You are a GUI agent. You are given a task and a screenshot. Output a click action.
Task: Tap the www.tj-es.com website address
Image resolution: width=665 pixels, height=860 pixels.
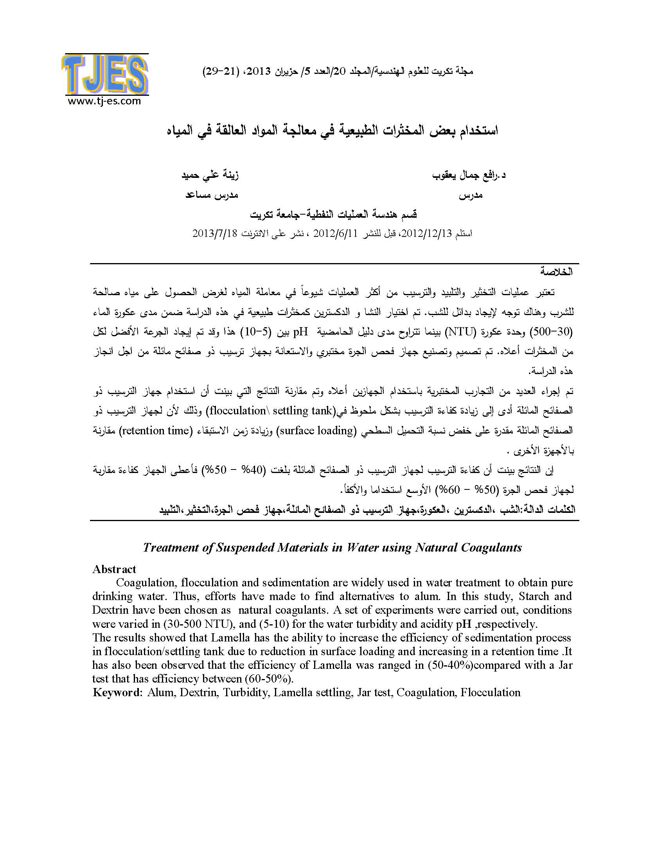(x=104, y=101)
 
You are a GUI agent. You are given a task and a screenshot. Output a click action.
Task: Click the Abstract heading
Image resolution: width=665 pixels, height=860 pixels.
(x=114, y=569)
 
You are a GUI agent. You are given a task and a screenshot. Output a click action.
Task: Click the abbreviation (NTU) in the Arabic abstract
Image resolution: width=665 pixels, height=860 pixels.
(x=461, y=331)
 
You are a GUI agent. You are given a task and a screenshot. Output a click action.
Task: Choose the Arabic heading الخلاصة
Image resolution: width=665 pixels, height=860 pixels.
(x=556, y=272)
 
